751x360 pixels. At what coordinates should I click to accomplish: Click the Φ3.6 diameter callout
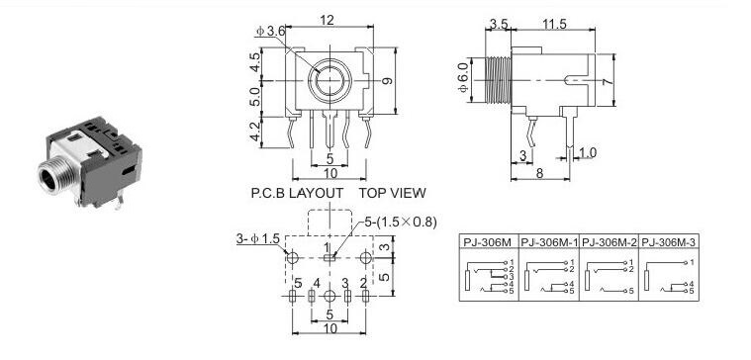pos(270,31)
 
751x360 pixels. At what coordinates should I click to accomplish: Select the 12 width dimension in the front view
pos(328,20)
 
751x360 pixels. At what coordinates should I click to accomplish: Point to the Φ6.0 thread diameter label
pos(463,80)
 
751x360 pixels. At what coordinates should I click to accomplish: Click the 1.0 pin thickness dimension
pos(588,152)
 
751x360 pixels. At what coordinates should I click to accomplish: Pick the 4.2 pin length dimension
pos(255,132)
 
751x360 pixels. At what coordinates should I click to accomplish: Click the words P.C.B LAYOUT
pos(297,193)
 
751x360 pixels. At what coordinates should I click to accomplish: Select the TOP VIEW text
pos(392,193)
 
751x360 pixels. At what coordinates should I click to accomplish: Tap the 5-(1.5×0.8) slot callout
pos(401,223)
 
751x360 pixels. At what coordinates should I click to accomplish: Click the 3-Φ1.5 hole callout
pos(257,238)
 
